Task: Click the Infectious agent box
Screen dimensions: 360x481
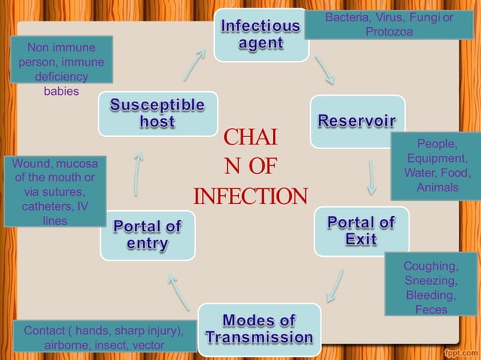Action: (x=260, y=35)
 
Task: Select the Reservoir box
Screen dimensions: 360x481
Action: (x=357, y=121)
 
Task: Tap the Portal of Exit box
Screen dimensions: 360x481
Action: (x=361, y=231)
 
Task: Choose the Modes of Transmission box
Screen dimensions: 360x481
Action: (x=259, y=329)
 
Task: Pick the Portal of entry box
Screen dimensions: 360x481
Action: (x=147, y=235)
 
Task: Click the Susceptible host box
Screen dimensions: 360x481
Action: (x=158, y=114)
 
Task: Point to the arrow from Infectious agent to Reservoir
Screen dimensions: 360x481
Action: (x=325, y=69)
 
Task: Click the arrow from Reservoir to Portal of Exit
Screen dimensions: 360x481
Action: (x=372, y=177)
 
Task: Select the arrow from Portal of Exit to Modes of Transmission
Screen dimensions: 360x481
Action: (x=335, y=286)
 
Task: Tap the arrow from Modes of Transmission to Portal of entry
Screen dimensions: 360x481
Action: (x=179, y=292)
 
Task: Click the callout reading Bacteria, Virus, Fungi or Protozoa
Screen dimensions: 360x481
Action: (x=388, y=24)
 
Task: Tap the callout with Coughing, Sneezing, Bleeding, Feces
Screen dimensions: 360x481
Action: (x=430, y=288)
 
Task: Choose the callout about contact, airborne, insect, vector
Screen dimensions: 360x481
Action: (x=104, y=337)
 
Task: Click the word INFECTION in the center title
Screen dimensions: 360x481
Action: (x=250, y=197)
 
